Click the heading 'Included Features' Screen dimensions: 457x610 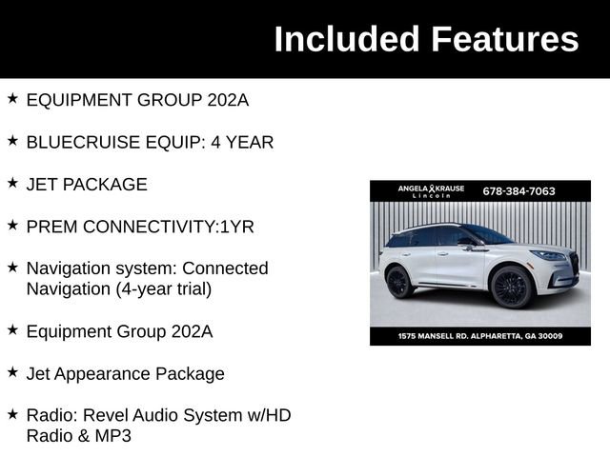(426, 39)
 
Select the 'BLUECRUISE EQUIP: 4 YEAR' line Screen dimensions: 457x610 (150, 142)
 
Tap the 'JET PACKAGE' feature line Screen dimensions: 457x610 (87, 185)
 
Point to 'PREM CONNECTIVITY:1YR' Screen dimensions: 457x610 (140, 227)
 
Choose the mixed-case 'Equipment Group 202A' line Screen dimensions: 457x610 (119, 331)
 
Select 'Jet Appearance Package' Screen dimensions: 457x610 (125, 373)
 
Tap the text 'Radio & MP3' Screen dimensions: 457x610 (78, 436)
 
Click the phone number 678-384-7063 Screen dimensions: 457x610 (519, 191)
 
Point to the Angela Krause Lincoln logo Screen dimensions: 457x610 (431, 191)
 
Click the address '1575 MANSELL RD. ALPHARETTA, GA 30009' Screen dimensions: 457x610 (480, 336)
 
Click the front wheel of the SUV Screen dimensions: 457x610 (511, 287)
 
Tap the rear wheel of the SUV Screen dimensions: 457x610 (398, 281)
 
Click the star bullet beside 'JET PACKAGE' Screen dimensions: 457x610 (12, 182)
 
